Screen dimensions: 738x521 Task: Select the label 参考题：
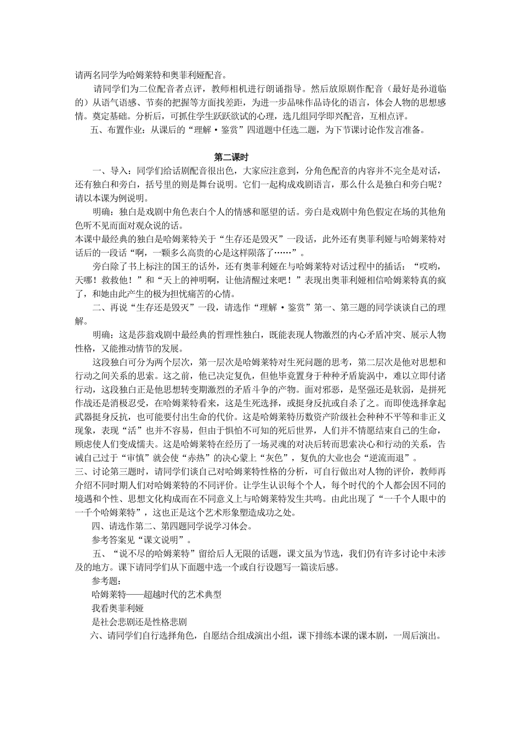(x=107, y=581)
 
